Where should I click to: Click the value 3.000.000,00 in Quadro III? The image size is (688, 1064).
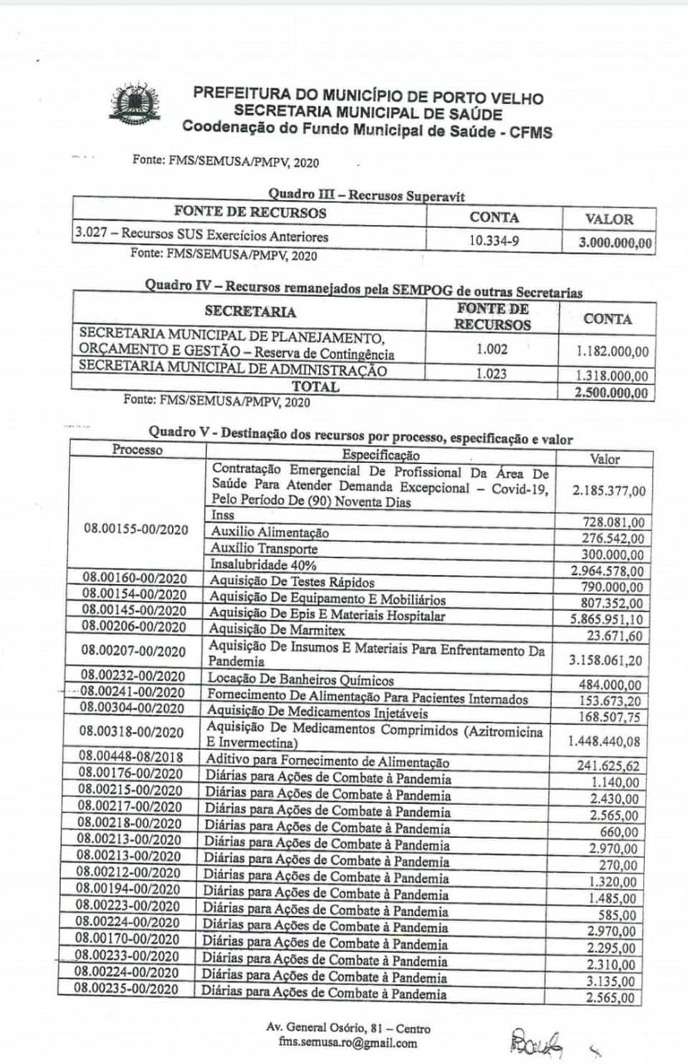[x=615, y=242]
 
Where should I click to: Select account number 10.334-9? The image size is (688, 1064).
[x=494, y=240]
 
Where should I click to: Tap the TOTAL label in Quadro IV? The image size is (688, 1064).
[x=315, y=386]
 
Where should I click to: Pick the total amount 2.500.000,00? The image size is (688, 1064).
[x=611, y=393]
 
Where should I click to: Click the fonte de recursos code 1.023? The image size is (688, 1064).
[x=491, y=374]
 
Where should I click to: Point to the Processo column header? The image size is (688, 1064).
[x=137, y=450]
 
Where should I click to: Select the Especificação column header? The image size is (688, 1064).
[x=381, y=455]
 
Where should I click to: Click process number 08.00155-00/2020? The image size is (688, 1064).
[x=136, y=529]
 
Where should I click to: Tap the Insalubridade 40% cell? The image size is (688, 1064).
[x=263, y=565]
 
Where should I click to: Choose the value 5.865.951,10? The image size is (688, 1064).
[x=606, y=619]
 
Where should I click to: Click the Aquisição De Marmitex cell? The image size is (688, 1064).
[x=277, y=630]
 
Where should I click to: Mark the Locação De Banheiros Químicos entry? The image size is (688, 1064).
[x=300, y=679]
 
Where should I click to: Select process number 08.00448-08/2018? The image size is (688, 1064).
[x=130, y=757]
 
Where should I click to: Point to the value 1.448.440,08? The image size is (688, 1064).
[x=603, y=741]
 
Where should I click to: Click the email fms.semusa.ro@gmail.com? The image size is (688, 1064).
[x=348, y=1043]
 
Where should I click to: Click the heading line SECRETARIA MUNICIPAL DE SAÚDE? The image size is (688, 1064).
[x=368, y=113]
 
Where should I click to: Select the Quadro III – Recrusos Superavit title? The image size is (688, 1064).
[x=366, y=194]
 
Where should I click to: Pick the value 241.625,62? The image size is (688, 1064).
[x=608, y=766]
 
